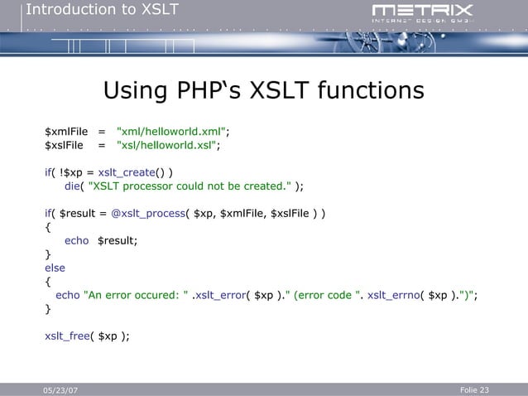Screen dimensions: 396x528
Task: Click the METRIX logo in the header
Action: tap(422, 12)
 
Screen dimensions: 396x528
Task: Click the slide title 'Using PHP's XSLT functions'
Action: tap(263, 89)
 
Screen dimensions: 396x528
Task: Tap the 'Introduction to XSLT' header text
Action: tap(102, 10)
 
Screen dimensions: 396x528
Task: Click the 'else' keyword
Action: tap(55, 268)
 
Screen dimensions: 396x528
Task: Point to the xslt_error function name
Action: tap(218, 295)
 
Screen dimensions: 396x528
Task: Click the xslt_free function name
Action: tap(67, 336)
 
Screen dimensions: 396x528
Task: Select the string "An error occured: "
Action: tap(136, 295)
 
